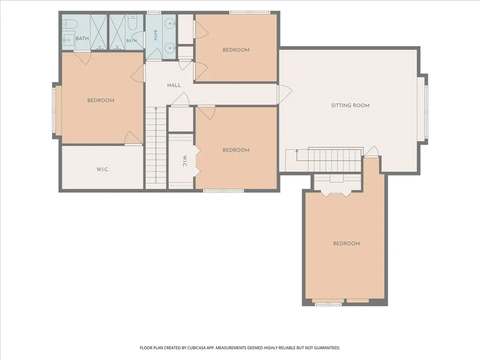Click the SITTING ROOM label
[350, 105]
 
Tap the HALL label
[174, 85]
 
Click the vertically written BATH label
[155, 35]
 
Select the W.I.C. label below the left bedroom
[103, 169]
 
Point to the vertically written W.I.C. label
[185, 162]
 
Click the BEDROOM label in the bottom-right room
[347, 243]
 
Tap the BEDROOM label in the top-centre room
[236, 50]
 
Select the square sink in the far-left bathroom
[69, 39]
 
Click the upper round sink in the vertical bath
[170, 23]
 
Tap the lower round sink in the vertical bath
[170, 48]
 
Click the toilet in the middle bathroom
[132, 22]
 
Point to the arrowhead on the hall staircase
[156, 108]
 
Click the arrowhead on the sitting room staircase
[296, 151]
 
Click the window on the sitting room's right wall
[426, 108]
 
